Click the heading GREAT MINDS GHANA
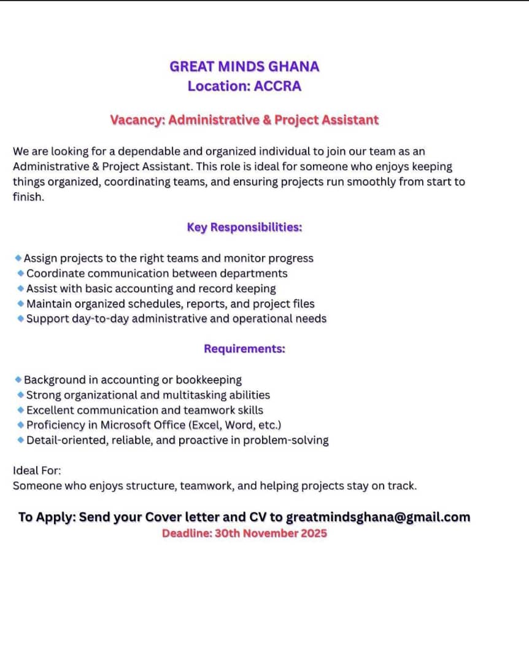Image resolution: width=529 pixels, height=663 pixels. tap(244, 66)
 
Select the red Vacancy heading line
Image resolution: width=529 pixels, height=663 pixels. tap(244, 120)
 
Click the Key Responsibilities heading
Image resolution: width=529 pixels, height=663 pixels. tap(244, 227)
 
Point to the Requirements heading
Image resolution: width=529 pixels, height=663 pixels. tap(244, 349)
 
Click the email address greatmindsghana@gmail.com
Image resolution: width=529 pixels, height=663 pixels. tap(378, 517)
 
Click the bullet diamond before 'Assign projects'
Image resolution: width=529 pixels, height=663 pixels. tap(18, 258)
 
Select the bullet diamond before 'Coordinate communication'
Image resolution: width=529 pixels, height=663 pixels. tap(21, 273)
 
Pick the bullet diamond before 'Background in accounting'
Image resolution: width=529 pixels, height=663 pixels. tap(18, 379)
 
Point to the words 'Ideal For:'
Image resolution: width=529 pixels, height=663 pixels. tap(37, 471)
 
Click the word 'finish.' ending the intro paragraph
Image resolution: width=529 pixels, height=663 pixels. tap(28, 198)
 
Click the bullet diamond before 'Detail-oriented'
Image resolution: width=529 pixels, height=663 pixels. tap(21, 440)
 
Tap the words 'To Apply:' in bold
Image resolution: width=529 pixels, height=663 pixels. tap(47, 517)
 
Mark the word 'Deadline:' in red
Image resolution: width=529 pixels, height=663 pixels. tap(187, 533)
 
